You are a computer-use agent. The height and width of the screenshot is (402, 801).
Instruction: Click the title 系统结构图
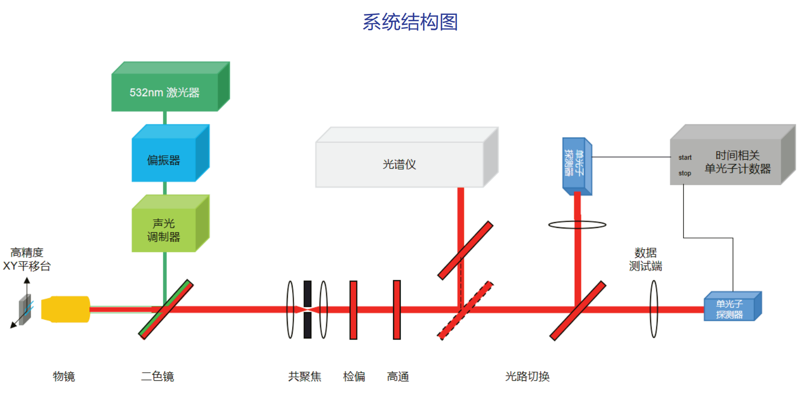click(x=410, y=22)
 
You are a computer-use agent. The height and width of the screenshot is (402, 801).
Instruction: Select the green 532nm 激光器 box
click(x=165, y=92)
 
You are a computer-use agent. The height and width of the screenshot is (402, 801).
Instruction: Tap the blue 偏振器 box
click(x=164, y=160)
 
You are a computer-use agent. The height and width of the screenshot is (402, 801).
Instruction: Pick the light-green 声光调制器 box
click(x=164, y=230)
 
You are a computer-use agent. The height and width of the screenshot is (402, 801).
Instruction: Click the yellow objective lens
click(x=65, y=309)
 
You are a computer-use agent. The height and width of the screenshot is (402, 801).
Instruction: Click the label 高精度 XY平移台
click(x=27, y=259)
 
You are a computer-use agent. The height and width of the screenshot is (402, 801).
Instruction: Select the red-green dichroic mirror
click(x=166, y=309)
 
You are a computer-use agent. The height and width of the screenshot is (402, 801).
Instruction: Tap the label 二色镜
click(x=158, y=376)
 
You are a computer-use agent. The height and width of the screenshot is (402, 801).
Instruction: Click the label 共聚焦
click(x=305, y=376)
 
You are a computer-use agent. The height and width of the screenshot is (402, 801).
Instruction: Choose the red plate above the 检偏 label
click(x=353, y=310)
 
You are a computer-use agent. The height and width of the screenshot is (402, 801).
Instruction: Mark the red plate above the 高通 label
click(x=397, y=310)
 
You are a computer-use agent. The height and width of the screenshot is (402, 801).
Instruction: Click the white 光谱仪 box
click(x=399, y=164)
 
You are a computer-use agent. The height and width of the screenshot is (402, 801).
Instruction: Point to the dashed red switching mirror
click(x=465, y=310)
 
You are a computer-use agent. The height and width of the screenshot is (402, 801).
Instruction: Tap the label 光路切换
click(x=527, y=376)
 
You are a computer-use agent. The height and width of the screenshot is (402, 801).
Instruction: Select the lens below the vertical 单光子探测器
click(x=577, y=225)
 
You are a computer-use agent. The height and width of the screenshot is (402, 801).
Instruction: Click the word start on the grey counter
click(x=685, y=157)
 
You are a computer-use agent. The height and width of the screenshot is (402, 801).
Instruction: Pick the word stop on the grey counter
click(x=685, y=173)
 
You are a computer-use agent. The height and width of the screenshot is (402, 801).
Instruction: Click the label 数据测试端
click(x=645, y=259)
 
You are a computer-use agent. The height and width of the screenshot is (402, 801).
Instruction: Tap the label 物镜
click(x=64, y=376)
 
